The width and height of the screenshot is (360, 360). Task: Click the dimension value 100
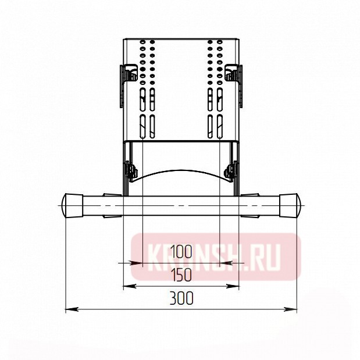pyautogui.click(x=181, y=251)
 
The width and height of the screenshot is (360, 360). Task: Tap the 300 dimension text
pyautogui.click(x=181, y=298)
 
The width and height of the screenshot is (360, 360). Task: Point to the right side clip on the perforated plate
pyautogui.click(x=234, y=76)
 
